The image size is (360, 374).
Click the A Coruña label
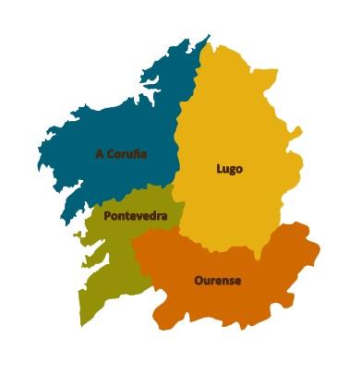coord(121,153)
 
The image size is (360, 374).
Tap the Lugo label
coord(229,169)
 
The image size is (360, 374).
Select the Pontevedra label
coord(136,217)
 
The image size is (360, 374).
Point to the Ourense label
coord(218,280)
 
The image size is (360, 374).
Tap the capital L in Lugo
coord(219,169)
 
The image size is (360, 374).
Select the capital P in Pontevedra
coord(108,217)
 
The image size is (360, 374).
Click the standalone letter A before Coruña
coord(99,153)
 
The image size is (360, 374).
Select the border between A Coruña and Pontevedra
coord(129,196)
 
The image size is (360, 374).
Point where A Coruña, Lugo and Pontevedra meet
coord(174,185)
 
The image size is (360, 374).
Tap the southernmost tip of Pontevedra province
coord(82,324)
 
